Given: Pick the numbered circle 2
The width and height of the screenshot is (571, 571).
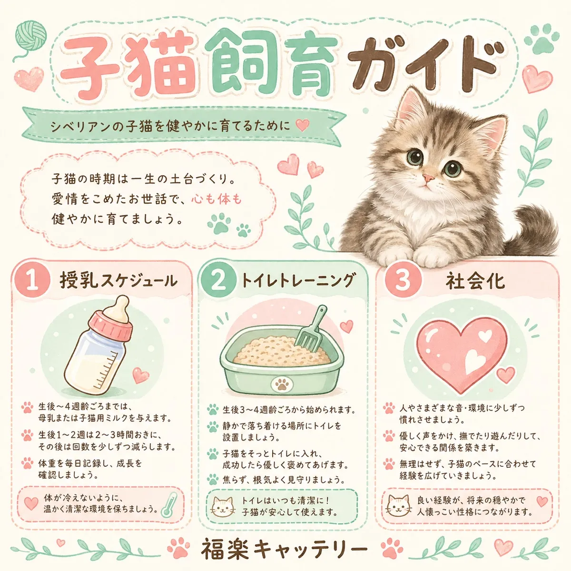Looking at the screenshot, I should coord(218,281).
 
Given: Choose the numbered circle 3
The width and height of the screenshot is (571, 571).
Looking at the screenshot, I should coord(403,280).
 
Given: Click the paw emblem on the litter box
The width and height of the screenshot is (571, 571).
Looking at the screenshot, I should coord(282,383).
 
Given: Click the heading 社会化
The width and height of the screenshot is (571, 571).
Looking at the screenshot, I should coord(474,281).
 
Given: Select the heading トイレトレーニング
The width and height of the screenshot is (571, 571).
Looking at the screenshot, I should coord(298,280).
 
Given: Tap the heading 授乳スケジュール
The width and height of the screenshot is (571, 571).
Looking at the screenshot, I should coord(118,281).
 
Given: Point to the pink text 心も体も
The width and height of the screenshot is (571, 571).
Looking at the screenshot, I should coord(217,199).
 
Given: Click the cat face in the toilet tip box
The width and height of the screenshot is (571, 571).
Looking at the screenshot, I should coord(223,508).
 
